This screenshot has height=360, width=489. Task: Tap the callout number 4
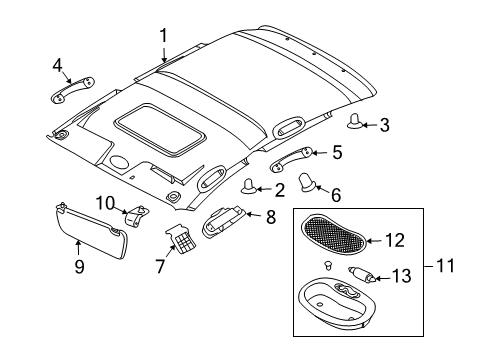pyautogui.click(x=57, y=66)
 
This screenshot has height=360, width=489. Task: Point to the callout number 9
pyautogui.click(x=77, y=266)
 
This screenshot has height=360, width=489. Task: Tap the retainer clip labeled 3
pyautogui.click(x=355, y=123)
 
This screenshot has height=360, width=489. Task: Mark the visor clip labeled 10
pyautogui.click(x=136, y=212)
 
